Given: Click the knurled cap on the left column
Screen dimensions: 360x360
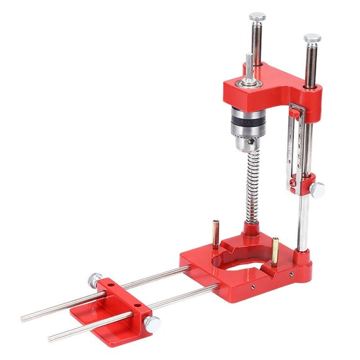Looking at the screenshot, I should point(257,17).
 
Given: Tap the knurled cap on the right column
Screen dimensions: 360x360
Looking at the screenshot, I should point(312,39).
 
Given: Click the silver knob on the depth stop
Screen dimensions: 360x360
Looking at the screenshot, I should point(317,190).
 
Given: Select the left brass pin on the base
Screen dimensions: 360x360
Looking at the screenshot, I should point(216,233).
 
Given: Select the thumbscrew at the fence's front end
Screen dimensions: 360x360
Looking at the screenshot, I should point(152,323).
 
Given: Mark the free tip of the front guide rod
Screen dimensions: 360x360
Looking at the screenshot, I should point(51,339).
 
